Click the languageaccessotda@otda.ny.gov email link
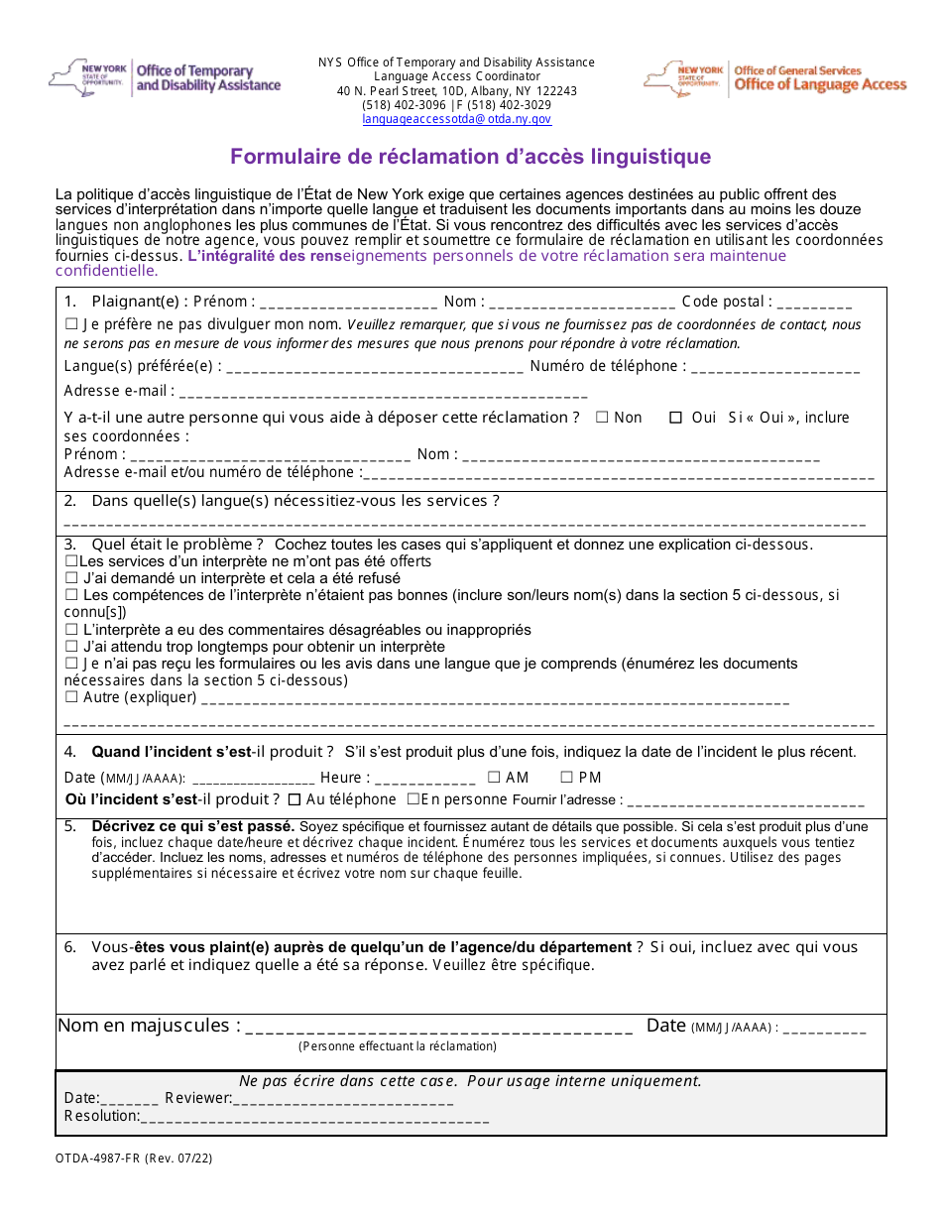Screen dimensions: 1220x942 tap(456, 119)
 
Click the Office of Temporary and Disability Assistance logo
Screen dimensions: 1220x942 tap(165, 78)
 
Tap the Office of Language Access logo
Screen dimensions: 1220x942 tap(775, 78)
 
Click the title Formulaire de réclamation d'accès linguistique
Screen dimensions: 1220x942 tap(470, 157)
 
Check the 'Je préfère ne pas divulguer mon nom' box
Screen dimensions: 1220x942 tap(71, 324)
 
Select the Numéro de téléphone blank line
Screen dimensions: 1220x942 tap(774, 368)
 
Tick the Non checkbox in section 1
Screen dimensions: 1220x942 tap(602, 418)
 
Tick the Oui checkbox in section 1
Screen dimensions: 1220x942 tap(676, 418)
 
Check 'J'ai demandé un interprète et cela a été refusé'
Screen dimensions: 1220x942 tap(71, 578)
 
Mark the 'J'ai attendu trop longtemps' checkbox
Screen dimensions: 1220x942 tap(71, 647)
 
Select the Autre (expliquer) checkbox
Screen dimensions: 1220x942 tap(71, 697)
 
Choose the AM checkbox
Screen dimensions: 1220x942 tap(494, 778)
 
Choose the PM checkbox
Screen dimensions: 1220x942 tap(567, 778)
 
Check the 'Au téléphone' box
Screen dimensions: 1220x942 tap(294, 799)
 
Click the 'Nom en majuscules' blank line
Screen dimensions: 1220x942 tap(438, 1029)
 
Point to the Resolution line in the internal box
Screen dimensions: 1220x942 tap(314, 1118)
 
